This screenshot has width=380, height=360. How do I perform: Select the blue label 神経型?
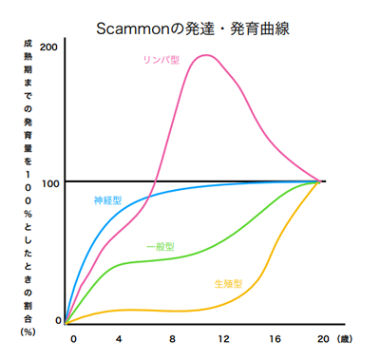pyautogui.click(x=106, y=200)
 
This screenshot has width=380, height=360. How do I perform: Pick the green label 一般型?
pyautogui.click(x=160, y=247)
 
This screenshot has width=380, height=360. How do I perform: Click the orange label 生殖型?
pyautogui.click(x=228, y=283)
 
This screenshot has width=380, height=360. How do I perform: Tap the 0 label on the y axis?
pyautogui.click(x=58, y=320)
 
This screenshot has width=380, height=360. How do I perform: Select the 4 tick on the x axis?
pyautogui.click(x=120, y=338)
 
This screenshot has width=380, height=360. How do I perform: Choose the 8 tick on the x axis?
pyautogui.click(x=171, y=338)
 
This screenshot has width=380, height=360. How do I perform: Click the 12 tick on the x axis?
pyautogui.click(x=222, y=338)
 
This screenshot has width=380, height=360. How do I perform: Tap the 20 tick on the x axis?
pyautogui.click(x=323, y=338)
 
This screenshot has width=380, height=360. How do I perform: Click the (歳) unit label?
pyautogui.click(x=349, y=338)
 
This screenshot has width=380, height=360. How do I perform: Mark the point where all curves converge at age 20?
pyautogui.click(x=321, y=180)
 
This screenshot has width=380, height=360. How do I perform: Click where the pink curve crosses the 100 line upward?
pyautogui.click(x=156, y=180)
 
